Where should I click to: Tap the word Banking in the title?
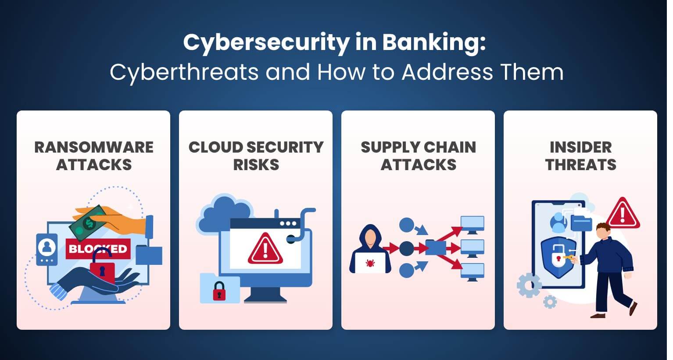[x=433, y=43]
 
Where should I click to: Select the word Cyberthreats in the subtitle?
[x=184, y=72]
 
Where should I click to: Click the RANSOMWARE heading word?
[x=94, y=147]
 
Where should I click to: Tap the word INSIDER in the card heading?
[x=580, y=147]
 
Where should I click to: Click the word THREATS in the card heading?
[x=580, y=165]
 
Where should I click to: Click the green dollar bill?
[x=89, y=223]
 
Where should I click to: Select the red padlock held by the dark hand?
[x=102, y=270]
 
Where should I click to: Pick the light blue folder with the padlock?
[x=219, y=289]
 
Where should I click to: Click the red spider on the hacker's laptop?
[x=369, y=263]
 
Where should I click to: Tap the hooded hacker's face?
[x=371, y=238]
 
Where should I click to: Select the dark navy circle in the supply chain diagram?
[x=406, y=248]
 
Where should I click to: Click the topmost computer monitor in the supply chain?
[x=472, y=224]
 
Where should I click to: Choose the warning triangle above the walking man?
[x=622, y=213]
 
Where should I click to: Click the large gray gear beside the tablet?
[x=529, y=285]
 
